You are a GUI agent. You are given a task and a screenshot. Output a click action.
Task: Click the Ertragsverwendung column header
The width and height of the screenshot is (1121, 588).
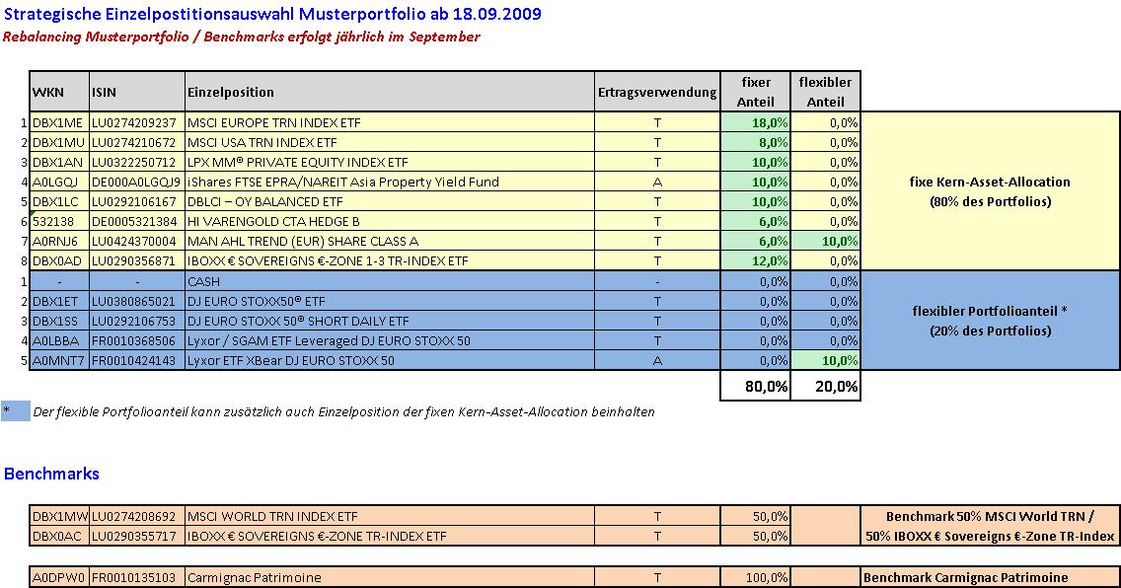pos(656,92)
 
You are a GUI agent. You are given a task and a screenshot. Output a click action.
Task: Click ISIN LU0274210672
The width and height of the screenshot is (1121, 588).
pos(134,142)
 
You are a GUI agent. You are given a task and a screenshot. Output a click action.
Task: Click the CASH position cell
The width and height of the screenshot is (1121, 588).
pos(203,281)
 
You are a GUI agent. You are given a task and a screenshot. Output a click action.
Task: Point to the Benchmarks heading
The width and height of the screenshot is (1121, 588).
pos(51,474)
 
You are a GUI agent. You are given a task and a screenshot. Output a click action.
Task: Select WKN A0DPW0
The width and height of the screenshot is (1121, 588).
pos(59,577)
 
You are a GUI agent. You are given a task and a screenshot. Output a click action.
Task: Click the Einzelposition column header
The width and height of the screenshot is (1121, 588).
pos(231,92)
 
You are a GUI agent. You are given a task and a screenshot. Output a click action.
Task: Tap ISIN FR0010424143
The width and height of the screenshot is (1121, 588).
pos(134,360)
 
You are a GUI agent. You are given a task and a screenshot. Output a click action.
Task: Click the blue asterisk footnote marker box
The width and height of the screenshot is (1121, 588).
pos(16,411)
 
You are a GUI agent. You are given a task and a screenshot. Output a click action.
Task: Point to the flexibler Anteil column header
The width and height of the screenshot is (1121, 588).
pos(825,92)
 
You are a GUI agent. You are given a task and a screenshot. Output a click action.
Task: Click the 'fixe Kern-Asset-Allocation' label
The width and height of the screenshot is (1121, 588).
pos(990,182)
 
